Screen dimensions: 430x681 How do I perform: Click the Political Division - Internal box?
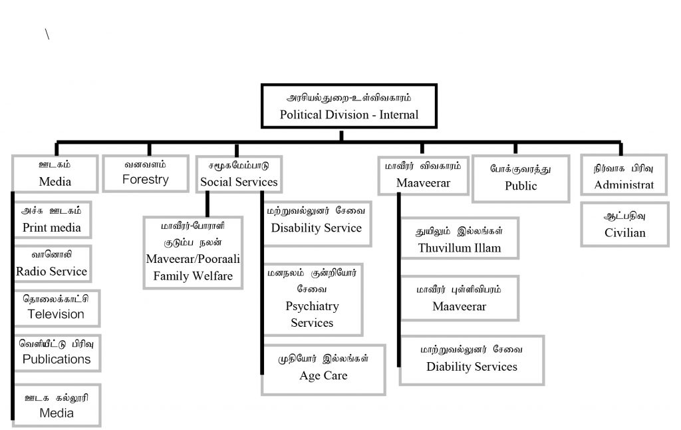coord(348,107)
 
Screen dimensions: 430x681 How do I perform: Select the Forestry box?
coord(146,172)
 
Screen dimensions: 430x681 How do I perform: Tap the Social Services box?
coord(239,174)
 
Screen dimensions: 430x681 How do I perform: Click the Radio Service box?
coord(52,263)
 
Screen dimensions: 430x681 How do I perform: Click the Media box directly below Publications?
coord(57,405)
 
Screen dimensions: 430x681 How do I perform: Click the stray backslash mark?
coord(47,35)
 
